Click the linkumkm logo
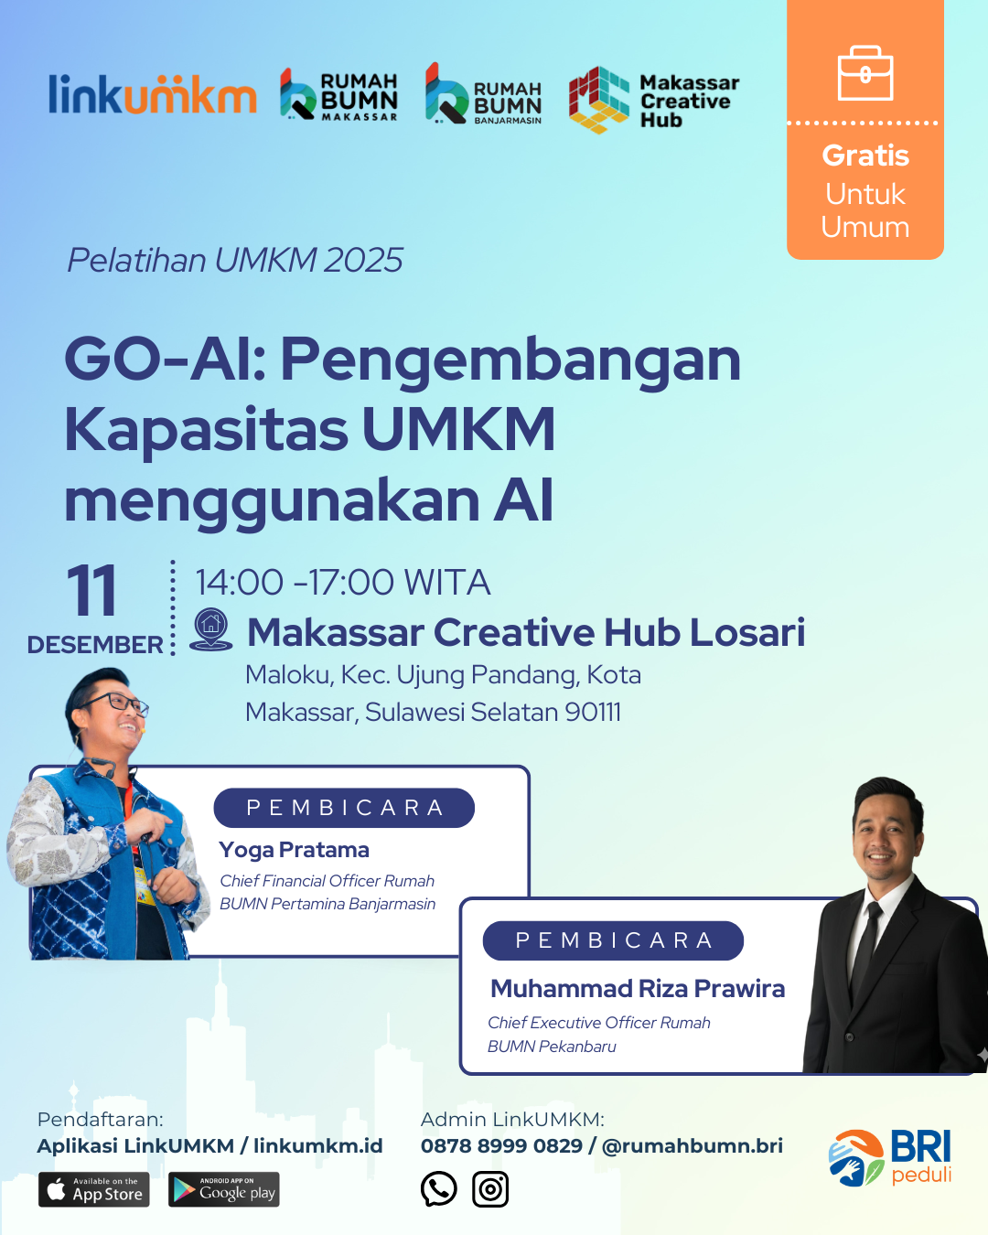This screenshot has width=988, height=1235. tap(152, 94)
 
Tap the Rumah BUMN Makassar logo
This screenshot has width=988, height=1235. tap(338, 96)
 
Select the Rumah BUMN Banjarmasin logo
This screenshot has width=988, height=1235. tap(483, 93)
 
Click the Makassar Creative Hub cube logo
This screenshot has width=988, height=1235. tap(598, 100)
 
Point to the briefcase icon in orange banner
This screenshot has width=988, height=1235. tap(865, 73)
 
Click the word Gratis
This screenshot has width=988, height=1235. tap(865, 156)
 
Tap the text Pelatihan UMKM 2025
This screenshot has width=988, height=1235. tap(235, 260)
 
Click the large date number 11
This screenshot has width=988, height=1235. tap(91, 590)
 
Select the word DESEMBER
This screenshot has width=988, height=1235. tap(95, 645)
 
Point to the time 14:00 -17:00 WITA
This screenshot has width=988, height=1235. tap(343, 583)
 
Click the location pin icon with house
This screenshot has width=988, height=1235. tap(210, 629)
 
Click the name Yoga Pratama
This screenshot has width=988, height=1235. tap(294, 850)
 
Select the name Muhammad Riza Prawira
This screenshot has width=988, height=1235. tap(638, 989)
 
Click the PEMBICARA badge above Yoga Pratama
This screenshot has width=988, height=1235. tap(344, 808)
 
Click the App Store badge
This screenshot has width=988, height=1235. tap(93, 1189)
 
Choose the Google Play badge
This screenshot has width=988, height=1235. tap(224, 1189)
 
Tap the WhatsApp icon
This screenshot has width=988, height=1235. tap(438, 1188)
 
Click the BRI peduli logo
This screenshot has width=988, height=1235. tap(890, 1157)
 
